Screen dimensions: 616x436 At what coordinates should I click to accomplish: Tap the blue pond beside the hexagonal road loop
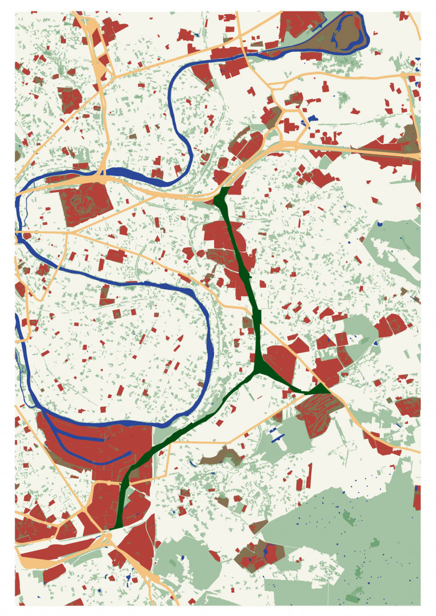(x=313, y=118)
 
